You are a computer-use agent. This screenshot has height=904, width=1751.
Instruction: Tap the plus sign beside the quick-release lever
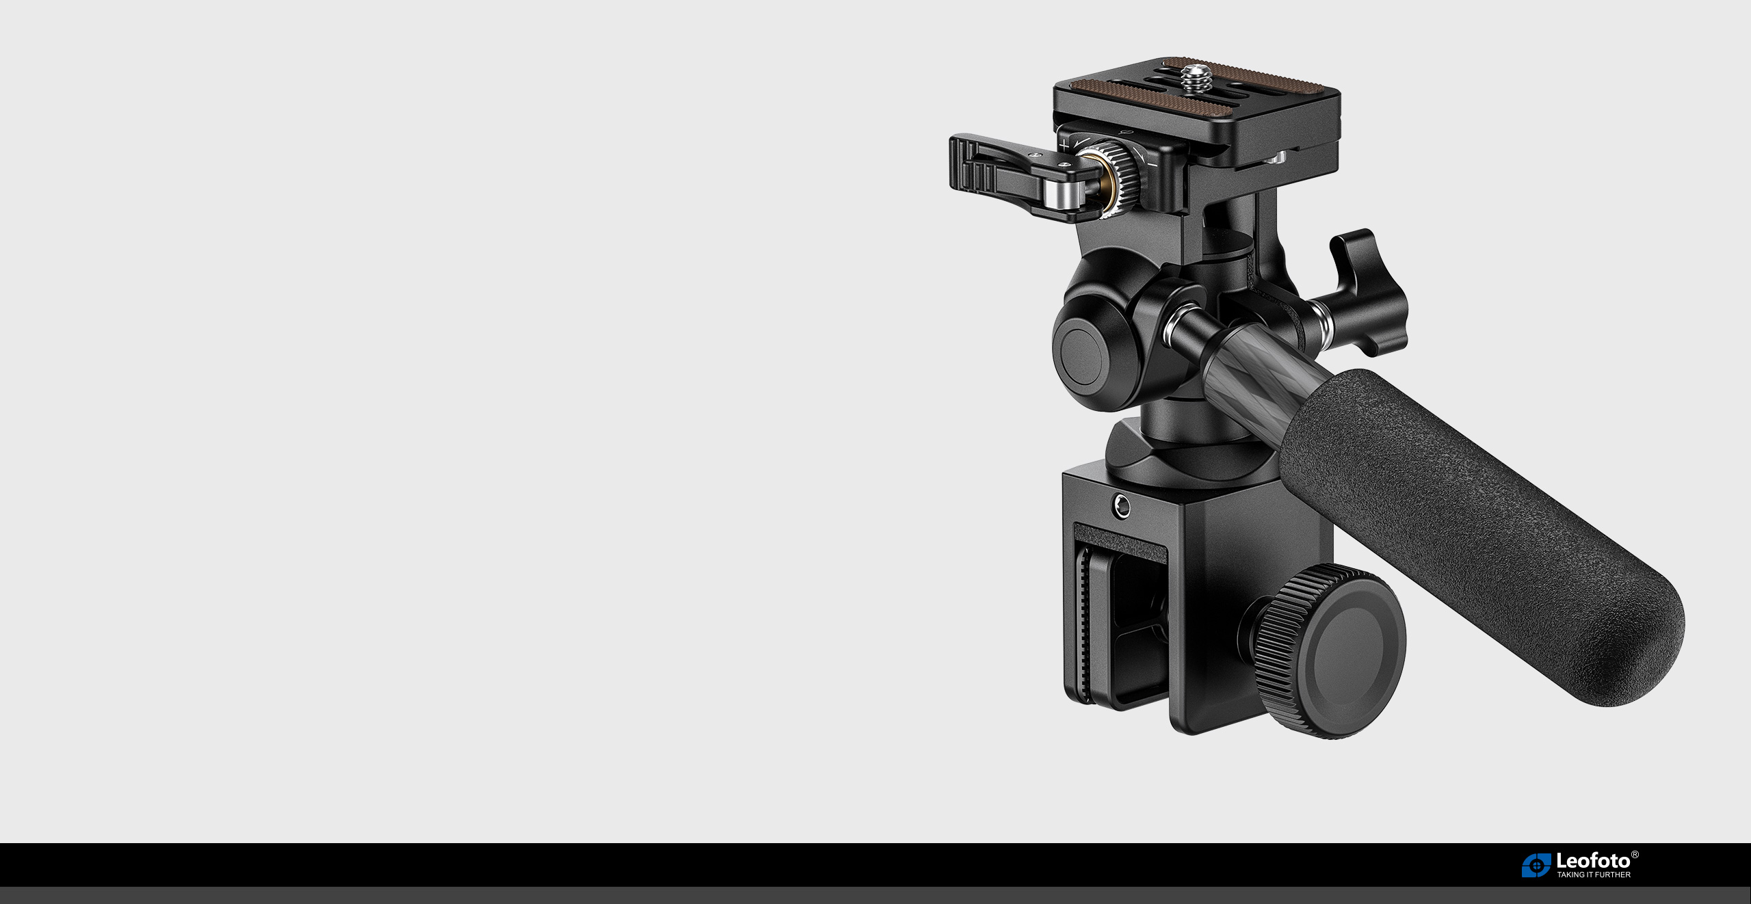click(1064, 145)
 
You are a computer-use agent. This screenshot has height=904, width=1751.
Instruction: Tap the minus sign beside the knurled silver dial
click(1153, 164)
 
